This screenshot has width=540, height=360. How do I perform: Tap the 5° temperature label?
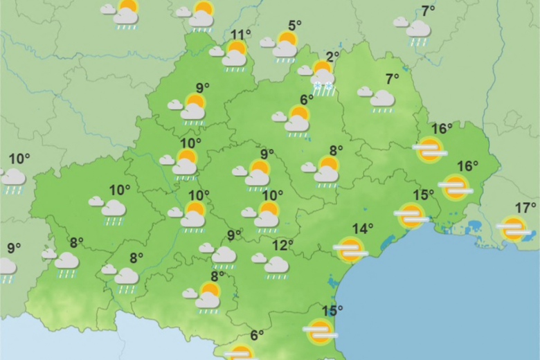point(294,26)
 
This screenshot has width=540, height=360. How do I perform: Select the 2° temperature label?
point(332,57)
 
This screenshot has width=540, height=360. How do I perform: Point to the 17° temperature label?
point(525,208)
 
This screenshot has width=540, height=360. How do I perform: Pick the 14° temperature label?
point(363,228)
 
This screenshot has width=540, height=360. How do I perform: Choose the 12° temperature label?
point(282,245)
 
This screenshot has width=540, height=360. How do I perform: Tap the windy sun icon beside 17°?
point(514,228)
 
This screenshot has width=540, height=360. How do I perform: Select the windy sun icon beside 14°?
point(350,249)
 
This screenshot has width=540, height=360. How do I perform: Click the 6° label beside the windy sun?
point(257,336)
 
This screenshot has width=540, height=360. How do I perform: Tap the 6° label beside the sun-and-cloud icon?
point(307,100)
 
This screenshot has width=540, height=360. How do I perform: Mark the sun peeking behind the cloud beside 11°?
point(237,48)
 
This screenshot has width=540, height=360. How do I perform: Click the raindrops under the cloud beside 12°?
point(277,276)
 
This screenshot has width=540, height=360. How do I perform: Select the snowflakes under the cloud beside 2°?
point(323,87)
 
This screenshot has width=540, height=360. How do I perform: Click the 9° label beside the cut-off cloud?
point(14,248)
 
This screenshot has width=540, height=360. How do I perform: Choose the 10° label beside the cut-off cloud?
point(19,159)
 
